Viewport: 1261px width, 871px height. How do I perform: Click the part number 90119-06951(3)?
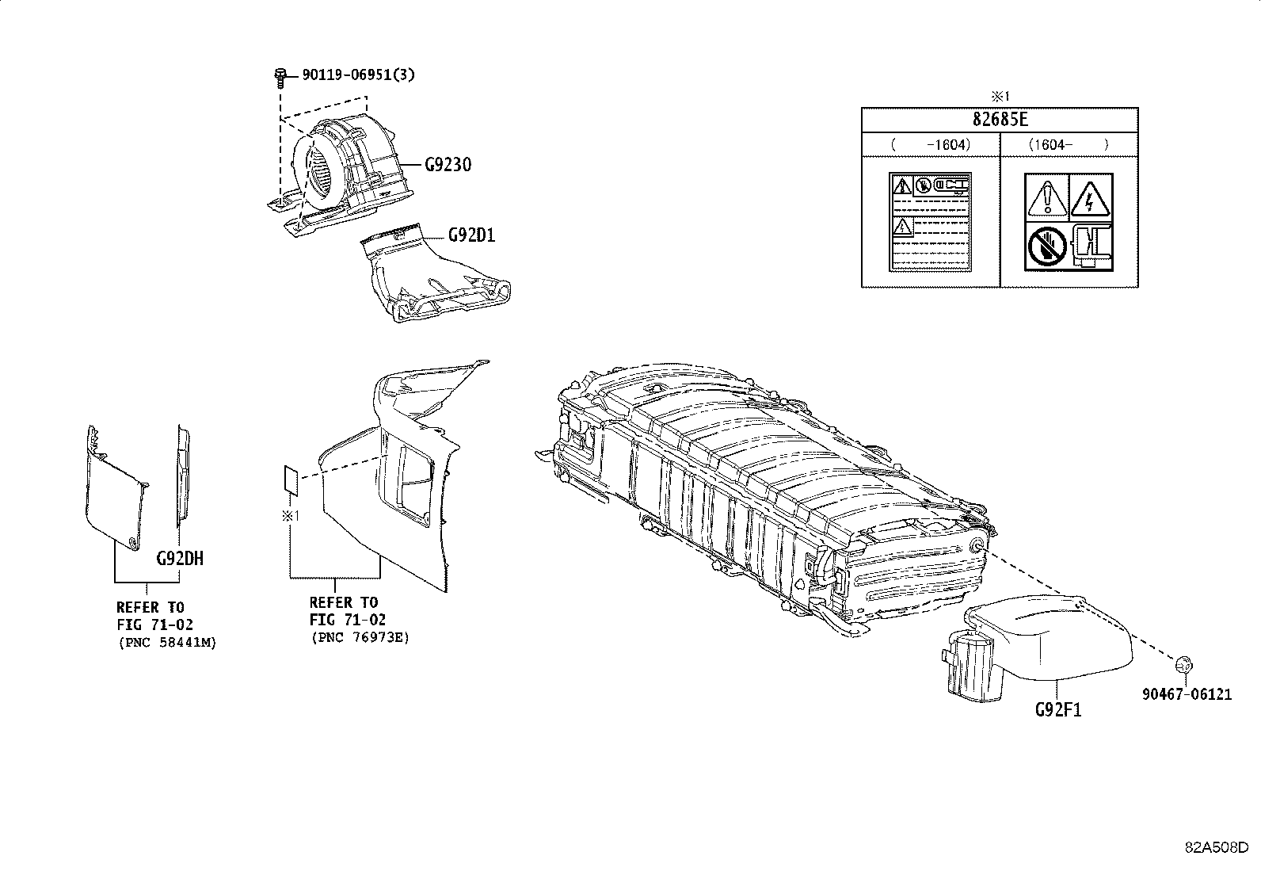[x=358, y=75]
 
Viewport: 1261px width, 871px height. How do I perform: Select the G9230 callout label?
[x=448, y=165]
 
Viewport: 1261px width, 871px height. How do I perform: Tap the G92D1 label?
[x=471, y=235]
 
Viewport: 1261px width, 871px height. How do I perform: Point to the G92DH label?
[x=180, y=558]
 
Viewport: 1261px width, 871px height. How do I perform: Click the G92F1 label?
[x=1057, y=709]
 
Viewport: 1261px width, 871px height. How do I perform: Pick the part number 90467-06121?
[x=1187, y=695]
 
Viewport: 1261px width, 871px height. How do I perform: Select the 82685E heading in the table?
[x=1000, y=120]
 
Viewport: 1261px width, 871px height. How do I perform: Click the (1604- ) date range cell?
[x=1069, y=144]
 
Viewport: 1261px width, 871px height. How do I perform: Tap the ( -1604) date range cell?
[x=931, y=144]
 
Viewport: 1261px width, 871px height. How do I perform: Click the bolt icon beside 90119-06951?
[x=280, y=76]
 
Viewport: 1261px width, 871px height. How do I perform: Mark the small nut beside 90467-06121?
[x=1185, y=664]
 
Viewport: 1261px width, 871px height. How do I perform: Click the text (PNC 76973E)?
[x=360, y=636]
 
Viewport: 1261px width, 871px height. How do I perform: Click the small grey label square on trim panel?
[x=291, y=480]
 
